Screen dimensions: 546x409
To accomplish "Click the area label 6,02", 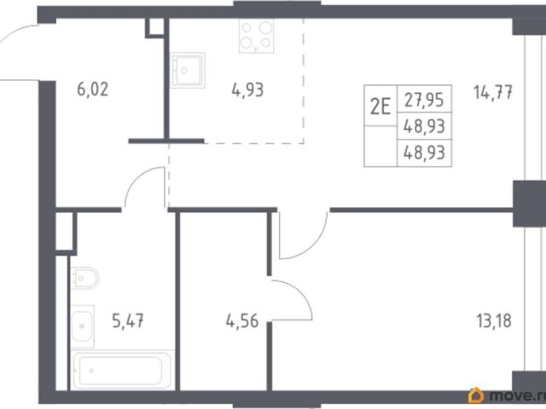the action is point(93,89).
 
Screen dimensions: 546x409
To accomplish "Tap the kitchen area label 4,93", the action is point(247,89).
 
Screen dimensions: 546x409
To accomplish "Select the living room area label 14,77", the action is point(493,93).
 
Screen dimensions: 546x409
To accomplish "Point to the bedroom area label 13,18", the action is point(494,320).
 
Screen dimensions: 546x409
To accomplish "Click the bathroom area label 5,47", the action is point(128,320).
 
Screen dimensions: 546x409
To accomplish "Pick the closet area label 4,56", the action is point(242,320).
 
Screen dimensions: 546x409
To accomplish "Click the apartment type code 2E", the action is point(380,106).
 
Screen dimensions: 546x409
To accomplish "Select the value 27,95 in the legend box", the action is point(424,100).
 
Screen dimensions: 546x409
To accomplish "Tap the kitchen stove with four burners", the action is point(256,36).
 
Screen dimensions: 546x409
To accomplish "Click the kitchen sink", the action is point(188,70).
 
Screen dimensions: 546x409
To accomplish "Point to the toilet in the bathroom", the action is point(84,278).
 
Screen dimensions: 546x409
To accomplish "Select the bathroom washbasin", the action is point(83,326).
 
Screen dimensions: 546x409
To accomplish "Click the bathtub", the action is point(122,370).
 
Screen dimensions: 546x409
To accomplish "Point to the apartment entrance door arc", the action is point(14,33).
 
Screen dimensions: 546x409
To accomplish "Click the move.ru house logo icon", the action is point(476,395).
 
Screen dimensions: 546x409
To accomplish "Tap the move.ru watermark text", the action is point(517,395).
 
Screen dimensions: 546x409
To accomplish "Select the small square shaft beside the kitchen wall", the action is point(154,26).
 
